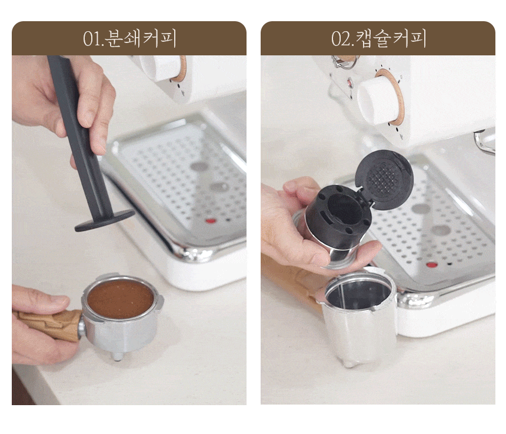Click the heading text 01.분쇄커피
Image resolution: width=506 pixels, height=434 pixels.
(129, 38)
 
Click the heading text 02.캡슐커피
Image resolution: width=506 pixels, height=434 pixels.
(378, 38)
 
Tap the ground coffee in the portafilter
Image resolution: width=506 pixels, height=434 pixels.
(120, 299)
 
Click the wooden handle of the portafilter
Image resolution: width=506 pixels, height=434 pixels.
(48, 324)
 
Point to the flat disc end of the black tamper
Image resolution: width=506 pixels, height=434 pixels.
(105, 220)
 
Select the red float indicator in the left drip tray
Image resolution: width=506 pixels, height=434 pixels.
(211, 221)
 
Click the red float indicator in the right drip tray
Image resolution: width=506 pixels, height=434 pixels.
(432, 265)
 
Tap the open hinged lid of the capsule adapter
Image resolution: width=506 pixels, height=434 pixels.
(384, 179)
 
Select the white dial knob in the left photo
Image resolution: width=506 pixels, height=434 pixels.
(161, 68)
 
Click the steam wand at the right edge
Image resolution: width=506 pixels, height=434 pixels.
(485, 142)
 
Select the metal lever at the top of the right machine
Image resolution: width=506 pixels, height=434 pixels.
(345, 61)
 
